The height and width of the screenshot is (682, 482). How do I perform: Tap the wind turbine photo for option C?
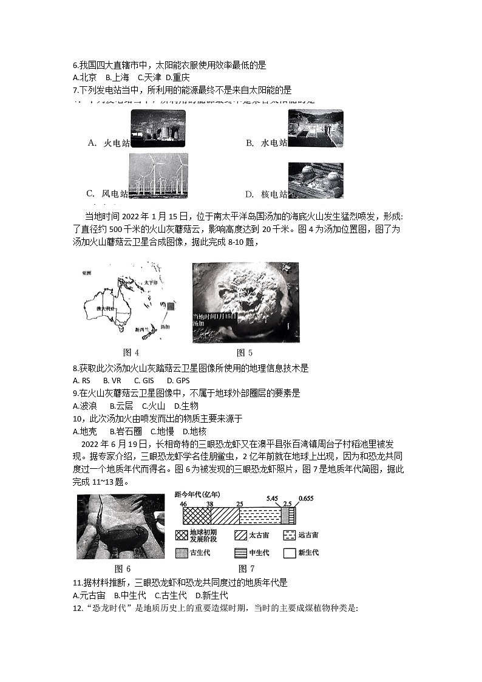point(158,176)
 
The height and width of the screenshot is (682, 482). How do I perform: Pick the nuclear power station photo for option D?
point(316,180)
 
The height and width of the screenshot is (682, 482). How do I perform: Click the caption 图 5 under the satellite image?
point(245,352)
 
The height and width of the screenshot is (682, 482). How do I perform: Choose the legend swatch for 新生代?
point(288,553)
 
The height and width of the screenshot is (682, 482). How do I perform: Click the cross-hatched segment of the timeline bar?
point(197,516)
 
